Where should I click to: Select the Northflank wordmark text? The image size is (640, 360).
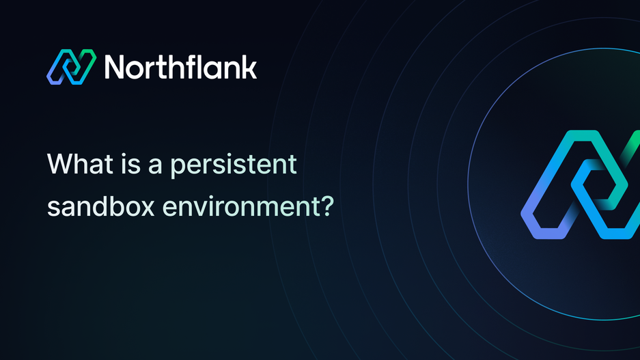(x=180, y=67)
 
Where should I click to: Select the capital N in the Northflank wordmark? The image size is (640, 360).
(x=116, y=67)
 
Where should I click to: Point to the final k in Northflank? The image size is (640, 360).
(x=249, y=67)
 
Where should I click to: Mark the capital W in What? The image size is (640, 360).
(x=59, y=165)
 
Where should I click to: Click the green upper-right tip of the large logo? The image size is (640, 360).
(x=632, y=140)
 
